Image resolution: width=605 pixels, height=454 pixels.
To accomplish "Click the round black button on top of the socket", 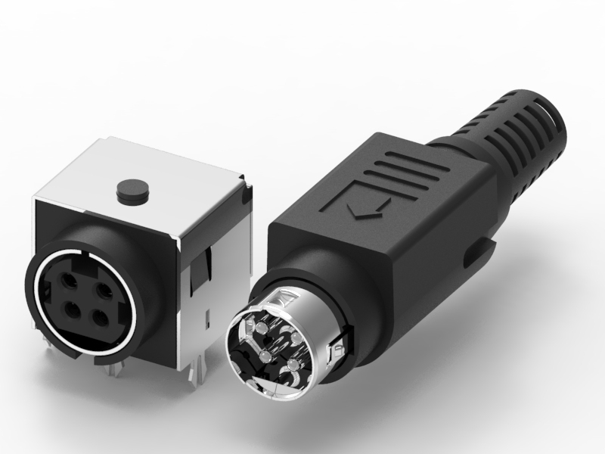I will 132,190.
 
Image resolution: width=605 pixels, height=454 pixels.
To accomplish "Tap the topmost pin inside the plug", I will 261,328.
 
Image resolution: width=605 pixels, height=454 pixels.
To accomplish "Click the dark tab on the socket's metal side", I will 198,272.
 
